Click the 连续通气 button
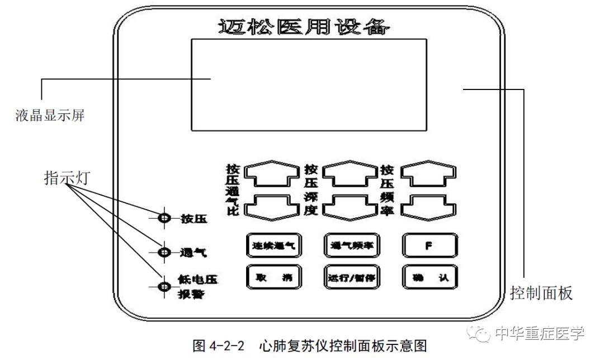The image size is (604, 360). coord(274,245)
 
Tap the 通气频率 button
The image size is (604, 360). coord(352,245)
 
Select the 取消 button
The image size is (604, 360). coord(274,276)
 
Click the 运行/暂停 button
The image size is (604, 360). coord(352,276)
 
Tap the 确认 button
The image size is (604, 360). coord(430,276)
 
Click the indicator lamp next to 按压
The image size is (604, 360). coord(164,219)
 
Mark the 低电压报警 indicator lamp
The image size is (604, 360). coord(164,286)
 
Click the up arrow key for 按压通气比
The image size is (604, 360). coord(273,174)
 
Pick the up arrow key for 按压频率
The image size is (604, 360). coord(430,174)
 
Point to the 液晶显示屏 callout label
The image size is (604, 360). coord(51,116)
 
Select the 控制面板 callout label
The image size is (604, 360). coord(542,292)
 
